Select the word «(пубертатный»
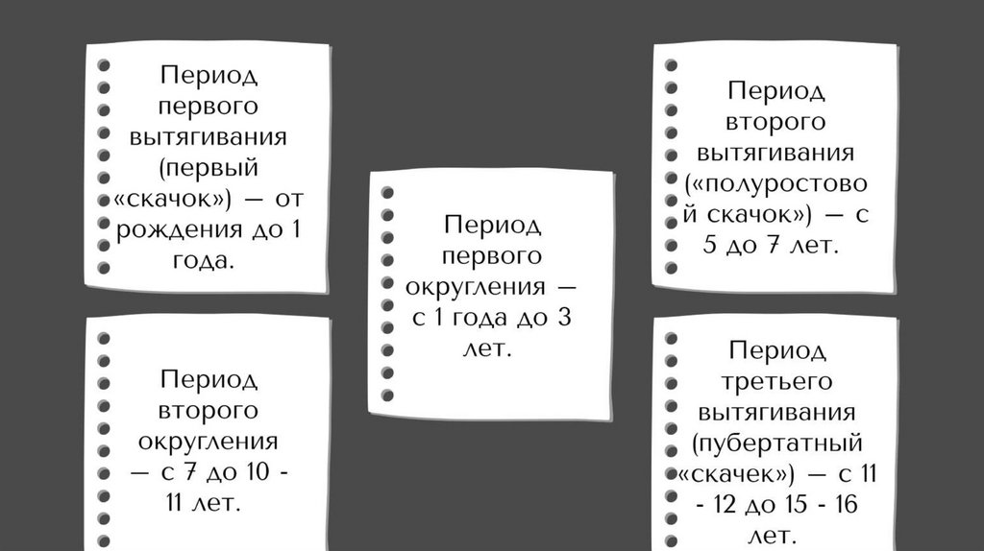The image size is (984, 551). click(x=777, y=444)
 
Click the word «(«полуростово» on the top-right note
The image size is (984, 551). click(x=777, y=184)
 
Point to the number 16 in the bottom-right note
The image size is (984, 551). click(x=842, y=506)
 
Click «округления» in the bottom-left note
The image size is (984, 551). click(x=209, y=443)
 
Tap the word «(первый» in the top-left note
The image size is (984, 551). click(x=209, y=168)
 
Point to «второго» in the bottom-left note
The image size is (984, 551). click(x=209, y=411)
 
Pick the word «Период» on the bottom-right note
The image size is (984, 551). click(x=777, y=350)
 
